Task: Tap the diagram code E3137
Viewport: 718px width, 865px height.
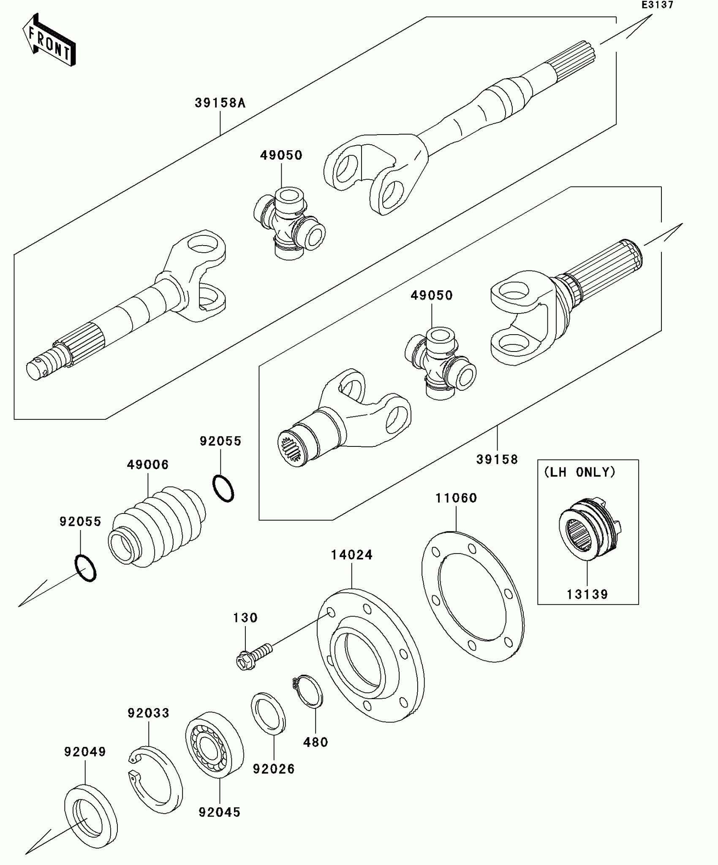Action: pos(657,5)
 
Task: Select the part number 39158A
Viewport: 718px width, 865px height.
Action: pos(220,103)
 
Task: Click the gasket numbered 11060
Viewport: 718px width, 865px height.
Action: pos(473,597)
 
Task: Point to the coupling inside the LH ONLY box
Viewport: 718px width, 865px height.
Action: pos(589,529)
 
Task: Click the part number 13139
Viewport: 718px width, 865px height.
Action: pos(587,594)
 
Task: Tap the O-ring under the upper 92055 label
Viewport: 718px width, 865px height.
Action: pos(223,488)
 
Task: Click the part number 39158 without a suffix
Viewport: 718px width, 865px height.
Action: pos(497,459)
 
